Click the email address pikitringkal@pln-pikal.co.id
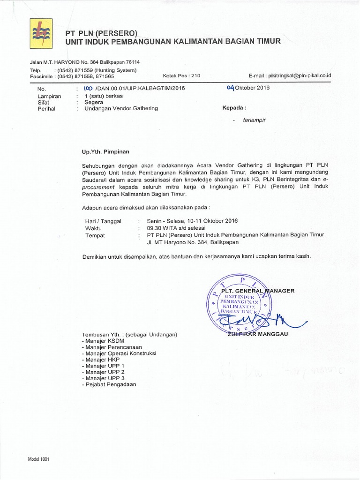click(298, 75)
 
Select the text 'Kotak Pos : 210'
click(181, 75)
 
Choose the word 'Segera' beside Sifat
click(94, 102)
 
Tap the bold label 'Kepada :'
click(234, 108)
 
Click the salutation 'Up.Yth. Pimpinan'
click(105, 151)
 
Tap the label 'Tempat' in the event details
click(95, 235)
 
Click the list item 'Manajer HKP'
click(100, 359)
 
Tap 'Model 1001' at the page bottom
click(38, 459)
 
